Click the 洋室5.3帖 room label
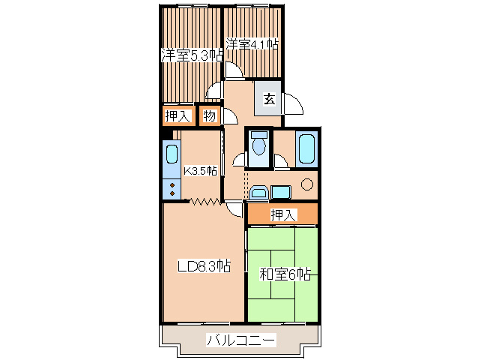pyautogui.click(x=192, y=55)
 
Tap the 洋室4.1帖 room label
pyautogui.click(x=252, y=44)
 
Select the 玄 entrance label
pyautogui.click(x=269, y=99)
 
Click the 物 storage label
pyautogui.click(x=210, y=116)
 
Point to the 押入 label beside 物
pyautogui.click(x=178, y=116)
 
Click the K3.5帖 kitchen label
pyautogui.click(x=200, y=171)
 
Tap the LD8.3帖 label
pyautogui.click(x=204, y=266)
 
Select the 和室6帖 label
pyautogui.click(x=285, y=274)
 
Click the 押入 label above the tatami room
pyautogui.click(x=283, y=214)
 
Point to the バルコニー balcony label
pyautogui.click(x=241, y=340)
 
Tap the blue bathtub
pyautogui.click(x=306, y=149)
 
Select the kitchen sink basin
pyautogui.click(x=172, y=154)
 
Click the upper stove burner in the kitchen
pyautogui.click(x=172, y=185)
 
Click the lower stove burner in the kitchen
pyautogui.click(x=172, y=193)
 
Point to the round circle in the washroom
pyautogui.click(x=307, y=184)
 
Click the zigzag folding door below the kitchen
pyautogui.click(x=205, y=201)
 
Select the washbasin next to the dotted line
pyautogui.click(x=259, y=193)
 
